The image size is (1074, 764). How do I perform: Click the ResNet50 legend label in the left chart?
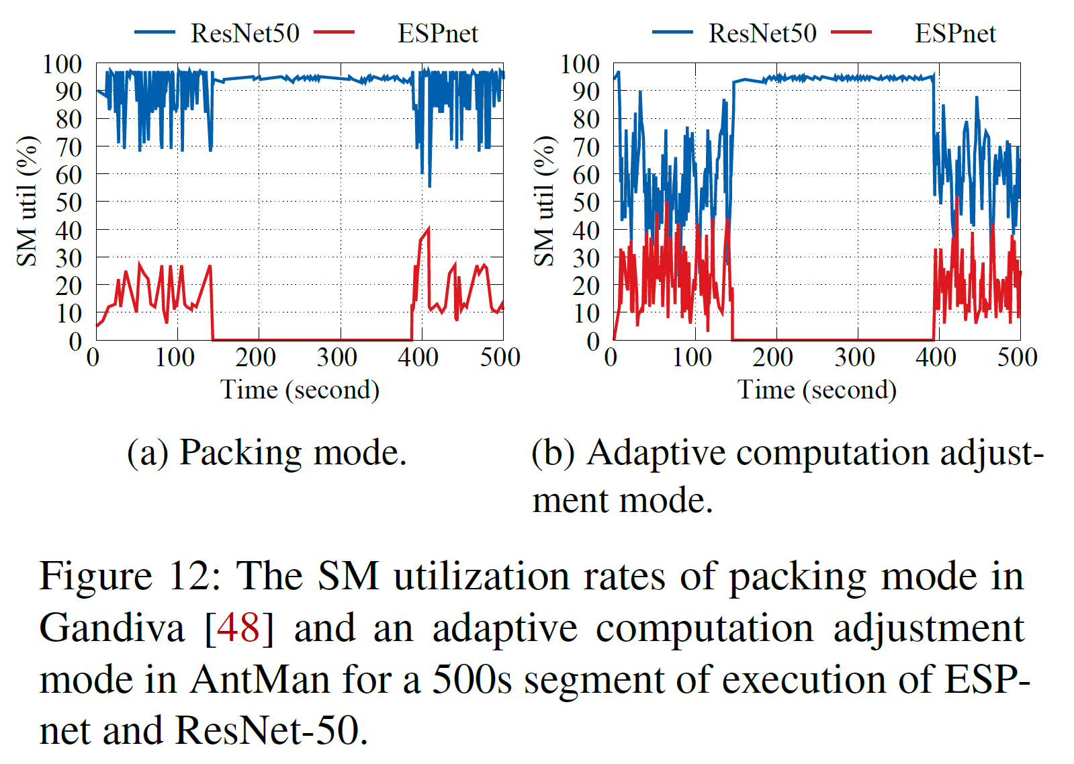[244, 33]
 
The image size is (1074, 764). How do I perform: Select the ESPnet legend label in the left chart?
[437, 33]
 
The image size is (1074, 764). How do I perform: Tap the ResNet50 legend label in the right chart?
[762, 33]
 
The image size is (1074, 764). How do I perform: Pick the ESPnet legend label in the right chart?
[955, 33]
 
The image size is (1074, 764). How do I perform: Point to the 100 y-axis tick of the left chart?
[62, 65]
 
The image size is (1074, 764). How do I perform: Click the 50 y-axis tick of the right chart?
[586, 202]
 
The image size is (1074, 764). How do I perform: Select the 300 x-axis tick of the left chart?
[337, 357]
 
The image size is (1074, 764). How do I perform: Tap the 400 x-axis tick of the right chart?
[936, 357]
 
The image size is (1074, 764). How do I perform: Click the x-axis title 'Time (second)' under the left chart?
[300, 390]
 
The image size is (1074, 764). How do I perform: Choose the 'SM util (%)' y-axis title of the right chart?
[545, 201]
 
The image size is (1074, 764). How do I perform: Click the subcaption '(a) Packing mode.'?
[267, 452]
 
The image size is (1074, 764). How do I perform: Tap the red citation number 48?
[238, 628]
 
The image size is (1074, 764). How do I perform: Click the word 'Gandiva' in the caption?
[111, 628]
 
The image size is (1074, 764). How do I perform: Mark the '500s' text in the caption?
[472, 679]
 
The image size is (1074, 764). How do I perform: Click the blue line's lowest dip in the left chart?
[429, 185]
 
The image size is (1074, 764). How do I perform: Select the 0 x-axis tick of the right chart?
[611, 357]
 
